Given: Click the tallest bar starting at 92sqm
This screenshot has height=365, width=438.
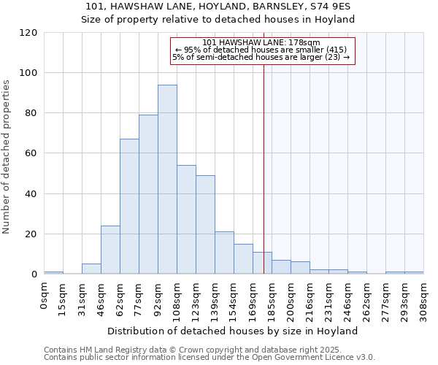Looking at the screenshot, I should [x=167, y=180].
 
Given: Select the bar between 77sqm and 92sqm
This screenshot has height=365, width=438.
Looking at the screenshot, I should [x=148, y=194].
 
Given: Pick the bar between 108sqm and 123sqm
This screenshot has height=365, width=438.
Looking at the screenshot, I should [x=186, y=220].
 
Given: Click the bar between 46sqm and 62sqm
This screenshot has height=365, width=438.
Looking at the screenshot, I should [x=110, y=250].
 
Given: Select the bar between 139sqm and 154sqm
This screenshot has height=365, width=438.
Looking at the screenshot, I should [x=224, y=253].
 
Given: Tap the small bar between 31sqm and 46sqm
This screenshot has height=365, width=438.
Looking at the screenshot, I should [x=91, y=269].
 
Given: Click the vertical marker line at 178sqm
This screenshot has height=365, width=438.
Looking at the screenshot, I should [x=264, y=168].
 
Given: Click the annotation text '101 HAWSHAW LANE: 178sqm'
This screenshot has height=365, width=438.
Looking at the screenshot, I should [x=261, y=42].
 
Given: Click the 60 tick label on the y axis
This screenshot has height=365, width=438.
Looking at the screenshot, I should [x=31, y=153].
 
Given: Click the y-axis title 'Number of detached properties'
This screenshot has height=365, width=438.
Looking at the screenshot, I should [x=7, y=157].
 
